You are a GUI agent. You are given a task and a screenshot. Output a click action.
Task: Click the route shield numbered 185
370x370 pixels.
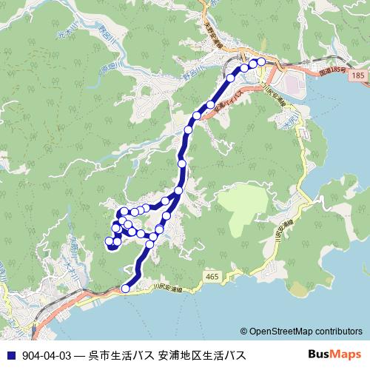[x=359, y=76]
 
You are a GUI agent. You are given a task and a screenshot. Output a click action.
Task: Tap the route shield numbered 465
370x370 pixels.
[x=213, y=277]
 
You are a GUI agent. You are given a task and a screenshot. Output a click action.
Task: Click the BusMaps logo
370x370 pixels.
[x=334, y=354]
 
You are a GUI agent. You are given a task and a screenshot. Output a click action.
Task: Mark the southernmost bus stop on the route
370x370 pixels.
[x=126, y=289]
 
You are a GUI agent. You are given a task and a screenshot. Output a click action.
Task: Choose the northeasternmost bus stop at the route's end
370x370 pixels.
[x=261, y=61]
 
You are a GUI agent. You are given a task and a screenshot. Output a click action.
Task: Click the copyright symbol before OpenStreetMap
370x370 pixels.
[x=243, y=332]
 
